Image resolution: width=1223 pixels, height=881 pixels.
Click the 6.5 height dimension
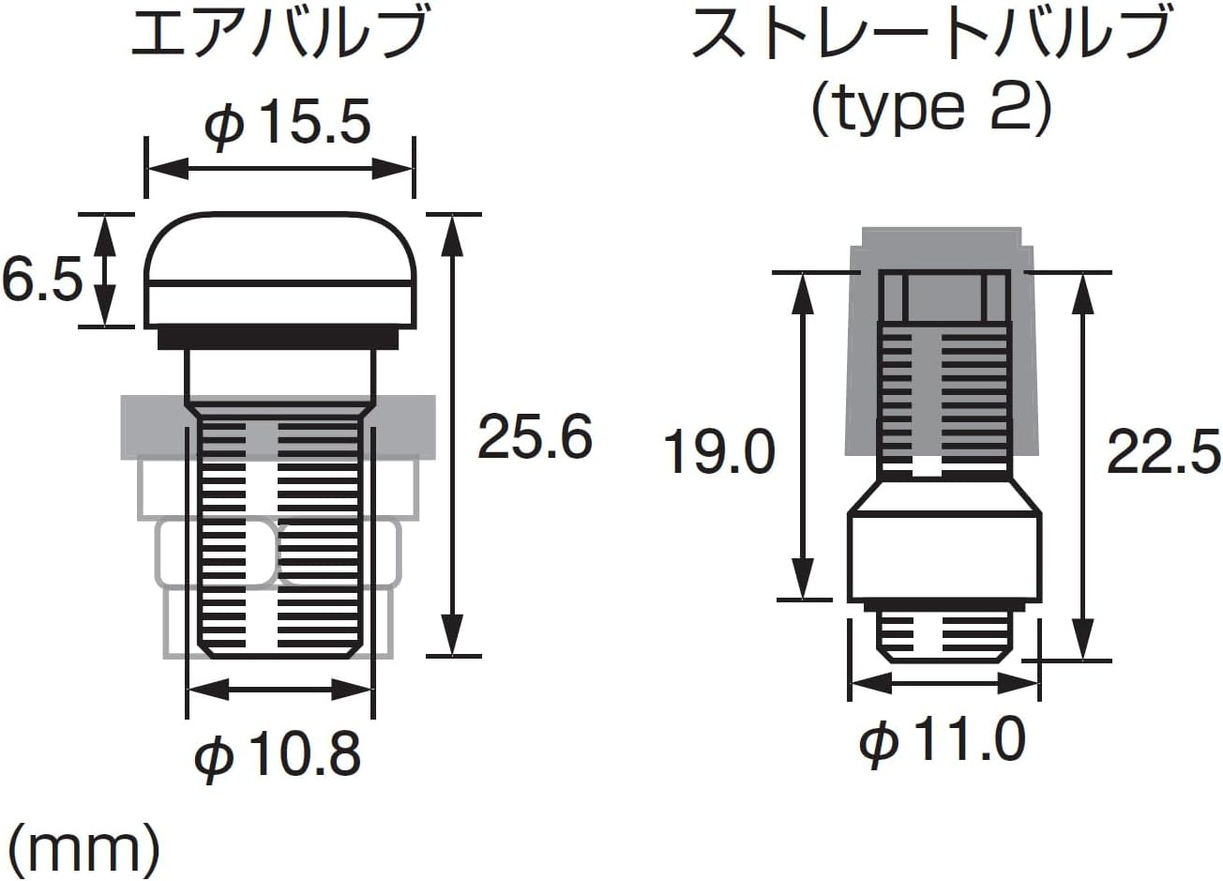click(42, 279)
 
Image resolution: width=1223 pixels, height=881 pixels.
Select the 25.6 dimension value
click(535, 437)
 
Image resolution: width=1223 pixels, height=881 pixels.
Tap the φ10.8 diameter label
click(278, 753)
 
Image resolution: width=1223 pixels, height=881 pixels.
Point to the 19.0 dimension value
click(719, 451)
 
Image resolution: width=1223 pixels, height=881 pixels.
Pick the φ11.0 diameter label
click(942, 740)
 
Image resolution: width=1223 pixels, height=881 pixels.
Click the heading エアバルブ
click(279, 34)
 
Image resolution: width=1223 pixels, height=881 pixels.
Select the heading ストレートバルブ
click(931, 34)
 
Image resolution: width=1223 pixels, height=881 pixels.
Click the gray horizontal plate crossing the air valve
click(150, 427)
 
